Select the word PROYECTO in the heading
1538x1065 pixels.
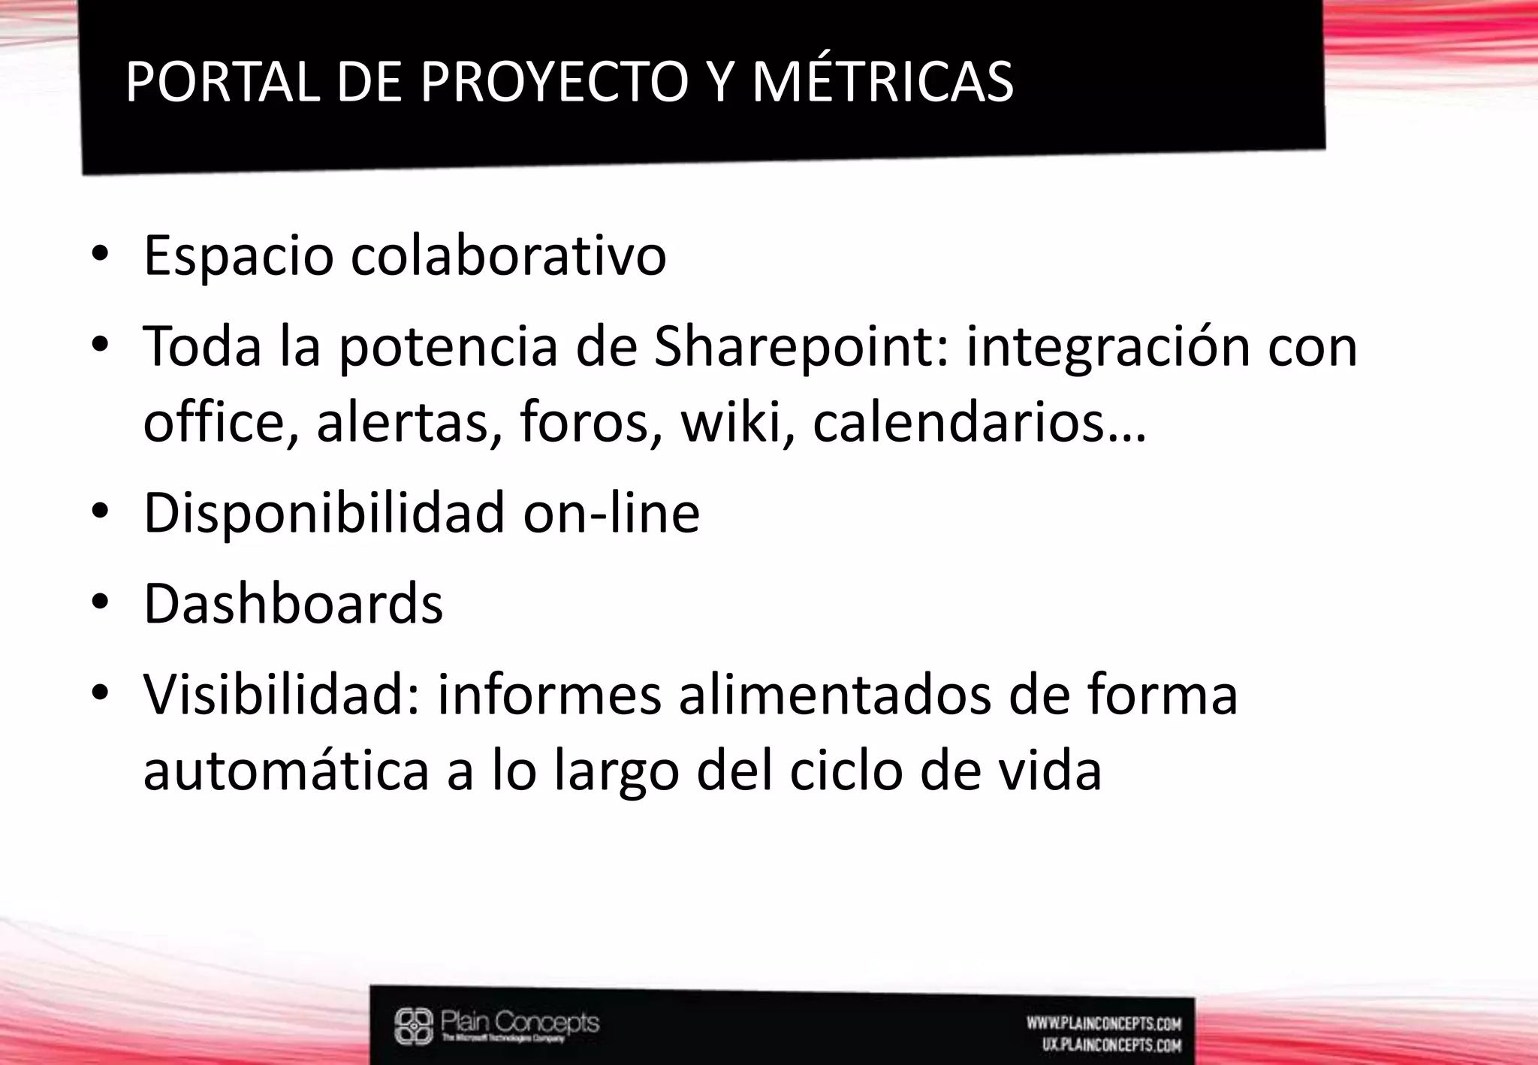tap(554, 81)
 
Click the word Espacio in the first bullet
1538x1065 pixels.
tap(238, 256)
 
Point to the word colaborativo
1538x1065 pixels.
tap(508, 256)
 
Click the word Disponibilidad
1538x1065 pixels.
tap(324, 513)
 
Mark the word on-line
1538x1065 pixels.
tap(611, 513)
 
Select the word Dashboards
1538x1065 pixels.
tap(293, 604)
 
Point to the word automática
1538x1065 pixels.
tap(285, 771)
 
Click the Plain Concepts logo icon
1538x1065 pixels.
tap(414, 1026)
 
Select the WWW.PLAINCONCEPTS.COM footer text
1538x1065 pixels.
tap(1103, 1023)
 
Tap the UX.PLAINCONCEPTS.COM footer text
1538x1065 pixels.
tap(1111, 1045)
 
